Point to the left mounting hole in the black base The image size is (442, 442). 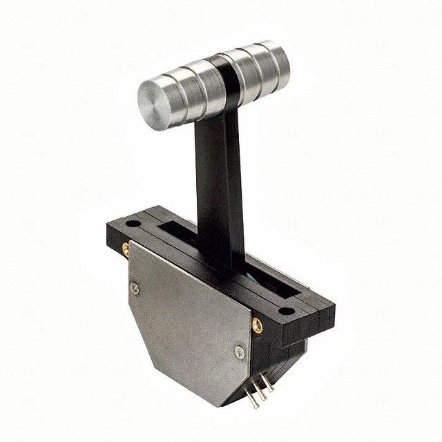click(131, 224)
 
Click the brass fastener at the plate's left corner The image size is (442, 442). click(126, 249)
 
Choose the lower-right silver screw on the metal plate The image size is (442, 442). click(239, 352)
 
